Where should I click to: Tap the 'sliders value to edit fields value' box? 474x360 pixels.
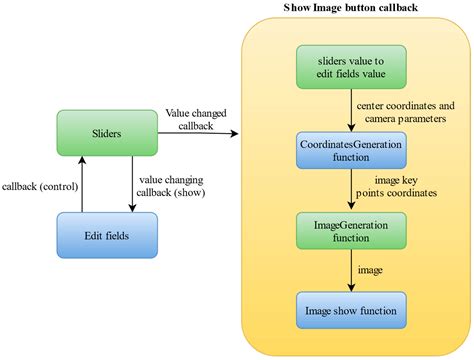point(351,68)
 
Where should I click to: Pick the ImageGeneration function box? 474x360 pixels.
point(351,230)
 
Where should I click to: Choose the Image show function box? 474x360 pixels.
point(351,310)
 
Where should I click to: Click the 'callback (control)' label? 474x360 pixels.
point(40,186)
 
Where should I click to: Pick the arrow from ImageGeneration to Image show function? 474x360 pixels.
point(351,271)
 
